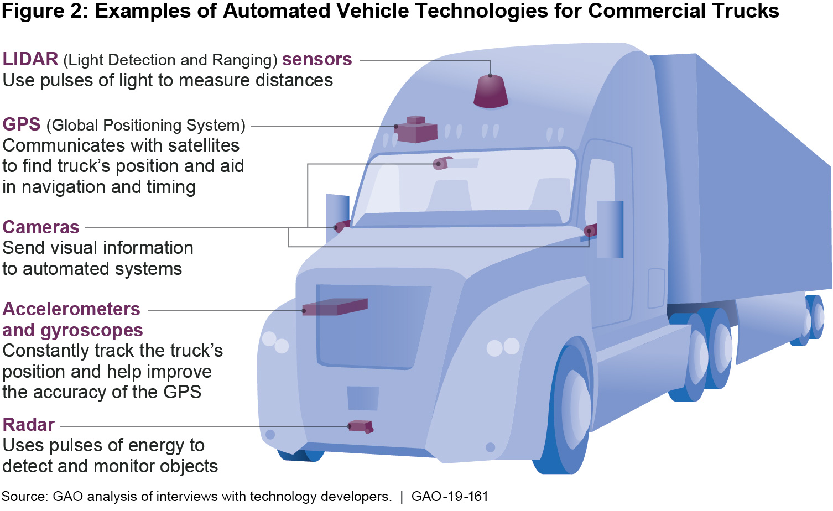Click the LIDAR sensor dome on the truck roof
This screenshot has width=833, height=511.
pos(491,92)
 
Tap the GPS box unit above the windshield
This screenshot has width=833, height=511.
pos(416,130)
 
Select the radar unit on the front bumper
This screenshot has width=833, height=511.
pos(360,426)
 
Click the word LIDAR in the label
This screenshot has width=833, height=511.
pos(30,59)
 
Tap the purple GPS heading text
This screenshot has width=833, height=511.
pos(22,124)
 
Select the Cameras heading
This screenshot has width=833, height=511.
pos(41,227)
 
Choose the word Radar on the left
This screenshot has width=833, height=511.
pos(29,425)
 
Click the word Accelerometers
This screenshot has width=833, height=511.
pos(71,309)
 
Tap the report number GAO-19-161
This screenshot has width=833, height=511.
pos(450,497)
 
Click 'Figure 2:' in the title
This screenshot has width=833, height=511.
pos(44,11)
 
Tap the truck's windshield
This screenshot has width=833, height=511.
pos(465,188)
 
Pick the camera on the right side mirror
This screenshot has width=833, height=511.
pos(591,230)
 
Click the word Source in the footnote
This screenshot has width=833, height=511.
pos(24,497)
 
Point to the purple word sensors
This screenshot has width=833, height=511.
pos(317,59)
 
